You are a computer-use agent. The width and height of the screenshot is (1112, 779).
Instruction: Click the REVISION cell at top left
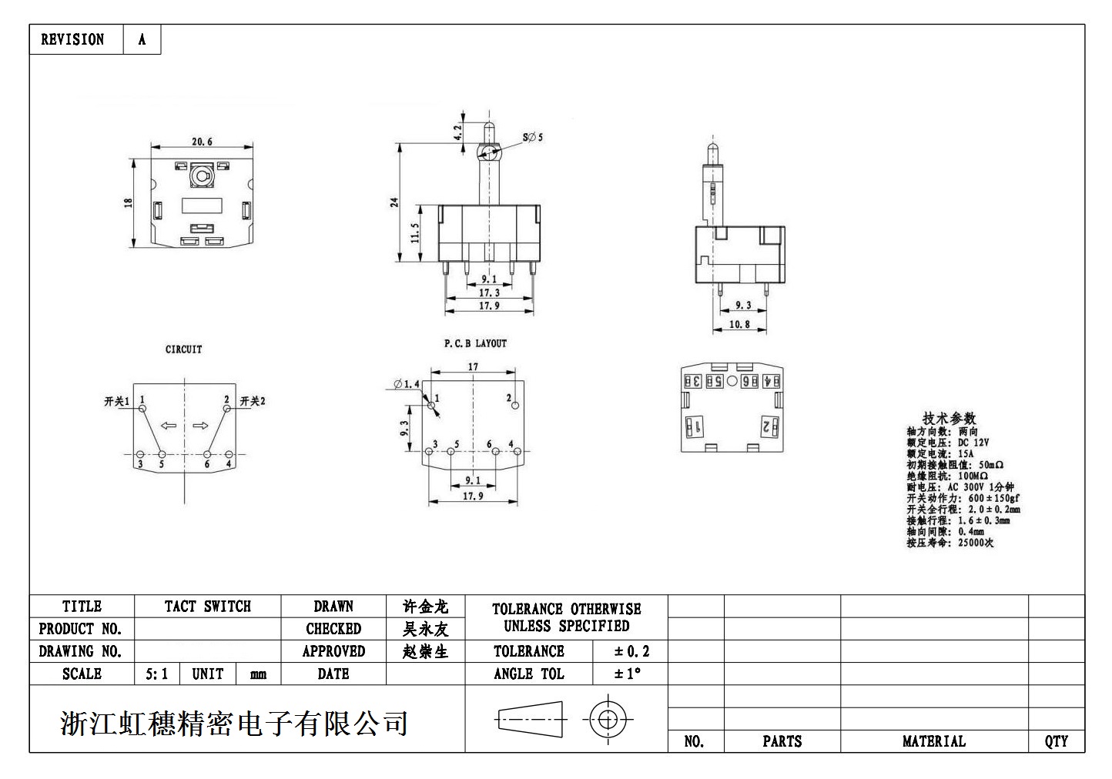(72, 39)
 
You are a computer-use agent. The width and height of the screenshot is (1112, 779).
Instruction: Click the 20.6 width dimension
(202, 142)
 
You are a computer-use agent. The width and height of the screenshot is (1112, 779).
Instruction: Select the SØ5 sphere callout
(533, 137)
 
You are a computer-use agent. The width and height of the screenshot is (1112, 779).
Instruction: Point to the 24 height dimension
(394, 202)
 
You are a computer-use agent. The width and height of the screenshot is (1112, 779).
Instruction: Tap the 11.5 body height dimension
(415, 233)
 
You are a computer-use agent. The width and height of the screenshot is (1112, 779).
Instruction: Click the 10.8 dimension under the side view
(739, 325)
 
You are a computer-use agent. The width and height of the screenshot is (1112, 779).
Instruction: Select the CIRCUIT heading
(184, 349)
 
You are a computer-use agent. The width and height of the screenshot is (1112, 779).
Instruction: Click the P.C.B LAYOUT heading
(475, 343)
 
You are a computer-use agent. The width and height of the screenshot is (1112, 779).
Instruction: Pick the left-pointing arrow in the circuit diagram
(168, 426)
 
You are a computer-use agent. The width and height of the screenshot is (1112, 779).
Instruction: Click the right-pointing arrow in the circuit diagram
(201, 426)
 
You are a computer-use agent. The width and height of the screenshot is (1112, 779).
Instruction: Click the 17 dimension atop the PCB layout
(473, 367)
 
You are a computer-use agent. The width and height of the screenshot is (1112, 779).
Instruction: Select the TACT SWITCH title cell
(207, 607)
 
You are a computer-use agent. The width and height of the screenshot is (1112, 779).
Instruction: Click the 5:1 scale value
(156, 674)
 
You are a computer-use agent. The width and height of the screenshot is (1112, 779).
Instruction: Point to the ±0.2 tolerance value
(631, 652)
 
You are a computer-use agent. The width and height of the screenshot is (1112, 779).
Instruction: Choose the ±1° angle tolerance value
(628, 674)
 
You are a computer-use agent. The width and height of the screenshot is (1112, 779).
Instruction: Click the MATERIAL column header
(933, 741)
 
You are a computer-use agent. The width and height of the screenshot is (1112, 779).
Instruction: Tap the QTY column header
(1056, 741)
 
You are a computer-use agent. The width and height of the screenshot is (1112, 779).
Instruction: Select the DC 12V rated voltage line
(948, 443)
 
